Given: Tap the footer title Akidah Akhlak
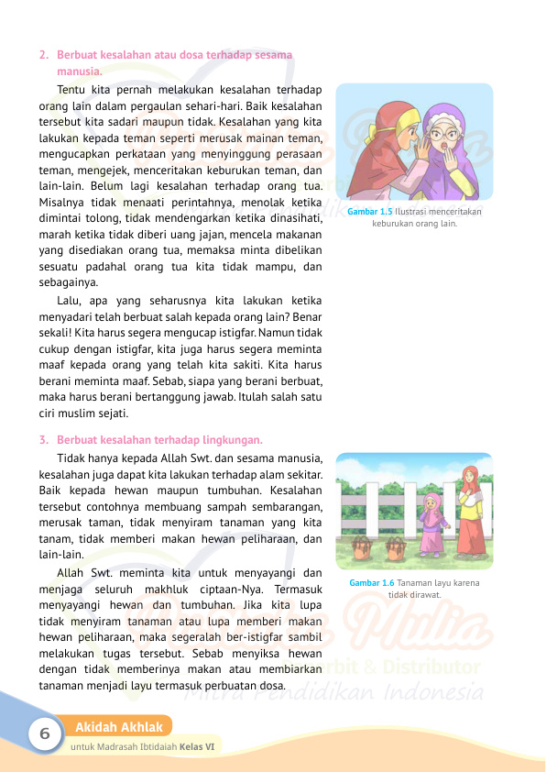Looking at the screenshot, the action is click(119, 728).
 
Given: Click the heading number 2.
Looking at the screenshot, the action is click(43, 55).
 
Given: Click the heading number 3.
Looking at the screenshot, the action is click(43, 439).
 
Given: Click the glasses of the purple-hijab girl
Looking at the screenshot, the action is click(444, 134).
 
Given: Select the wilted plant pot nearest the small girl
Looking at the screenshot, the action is click(396, 547).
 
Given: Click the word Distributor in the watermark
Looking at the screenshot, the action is click(430, 667).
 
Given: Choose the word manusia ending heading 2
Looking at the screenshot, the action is click(79, 72).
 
